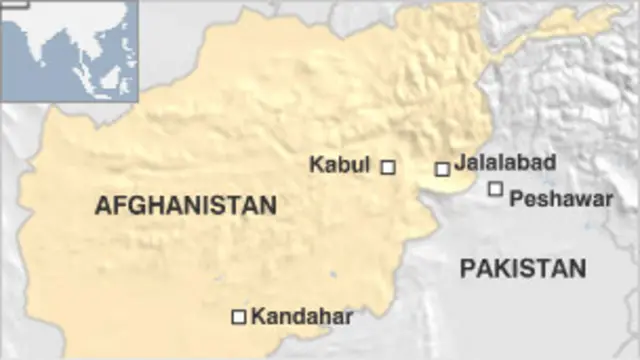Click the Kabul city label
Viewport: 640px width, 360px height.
(340, 164)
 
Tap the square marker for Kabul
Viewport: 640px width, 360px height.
(388, 167)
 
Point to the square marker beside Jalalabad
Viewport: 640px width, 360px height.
(442, 169)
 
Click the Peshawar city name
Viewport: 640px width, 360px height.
(560, 199)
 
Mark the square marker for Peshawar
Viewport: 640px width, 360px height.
(495, 189)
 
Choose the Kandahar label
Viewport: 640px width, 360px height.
(302, 317)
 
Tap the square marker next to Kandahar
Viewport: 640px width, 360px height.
(239, 317)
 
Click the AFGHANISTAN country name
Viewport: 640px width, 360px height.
(185, 206)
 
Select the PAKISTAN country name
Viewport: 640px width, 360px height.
(523, 268)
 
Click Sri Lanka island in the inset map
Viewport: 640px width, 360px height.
(50, 82)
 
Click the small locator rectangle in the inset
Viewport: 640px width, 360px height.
(14, 5)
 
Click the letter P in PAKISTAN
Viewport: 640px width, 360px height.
(468, 268)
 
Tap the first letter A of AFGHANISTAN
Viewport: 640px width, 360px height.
(102, 206)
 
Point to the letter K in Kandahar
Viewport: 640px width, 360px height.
(258, 317)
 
